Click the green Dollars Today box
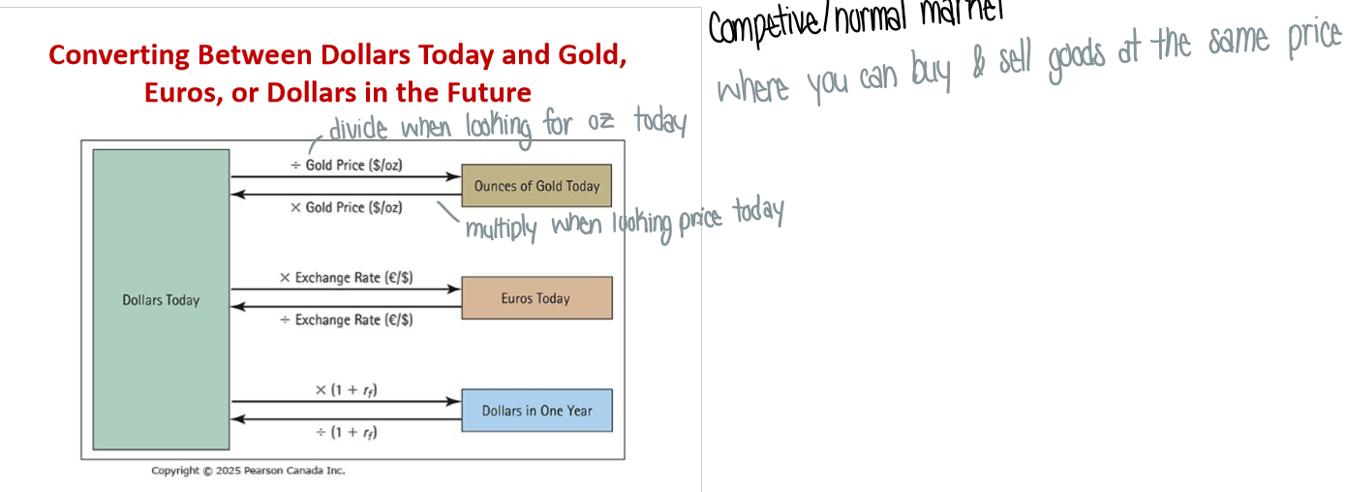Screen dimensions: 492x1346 point(161,300)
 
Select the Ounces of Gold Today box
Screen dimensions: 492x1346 point(536,186)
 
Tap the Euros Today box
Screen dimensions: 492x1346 point(536,298)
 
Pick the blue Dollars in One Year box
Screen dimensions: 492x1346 point(536,411)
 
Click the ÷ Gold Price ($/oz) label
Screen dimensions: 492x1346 point(347,166)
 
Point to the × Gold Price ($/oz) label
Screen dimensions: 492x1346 point(347,207)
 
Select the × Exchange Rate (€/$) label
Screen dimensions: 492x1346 point(347,278)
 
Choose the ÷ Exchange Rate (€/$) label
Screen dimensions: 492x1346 point(347,320)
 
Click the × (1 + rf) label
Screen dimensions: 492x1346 point(347,390)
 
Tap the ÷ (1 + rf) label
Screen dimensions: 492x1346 point(347,432)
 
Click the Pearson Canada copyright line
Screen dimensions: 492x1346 point(248,471)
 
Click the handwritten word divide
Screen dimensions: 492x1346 point(358,129)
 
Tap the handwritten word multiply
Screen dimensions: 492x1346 point(501,229)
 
